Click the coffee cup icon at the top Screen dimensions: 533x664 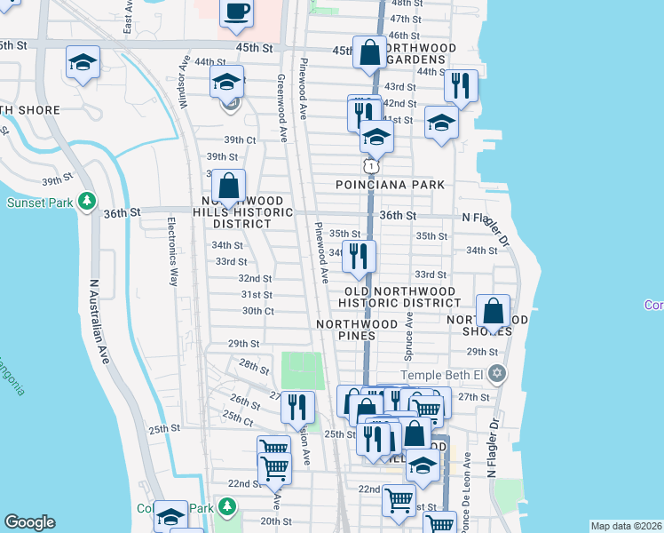tap(236, 12)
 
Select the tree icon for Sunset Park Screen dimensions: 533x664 tap(87, 203)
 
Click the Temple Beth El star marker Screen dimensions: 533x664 tap(499, 374)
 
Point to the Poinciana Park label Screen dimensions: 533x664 tap(389, 185)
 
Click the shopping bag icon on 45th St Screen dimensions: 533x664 tap(369, 54)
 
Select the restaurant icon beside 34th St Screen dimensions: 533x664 tap(359, 256)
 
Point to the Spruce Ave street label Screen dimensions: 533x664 tap(410, 334)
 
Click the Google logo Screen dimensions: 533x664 tap(30, 522)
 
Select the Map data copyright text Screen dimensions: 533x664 tap(626, 526)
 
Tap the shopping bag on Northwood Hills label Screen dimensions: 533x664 tap(229, 187)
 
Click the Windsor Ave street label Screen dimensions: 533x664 tap(185, 83)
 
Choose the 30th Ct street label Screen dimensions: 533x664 tap(258, 311)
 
